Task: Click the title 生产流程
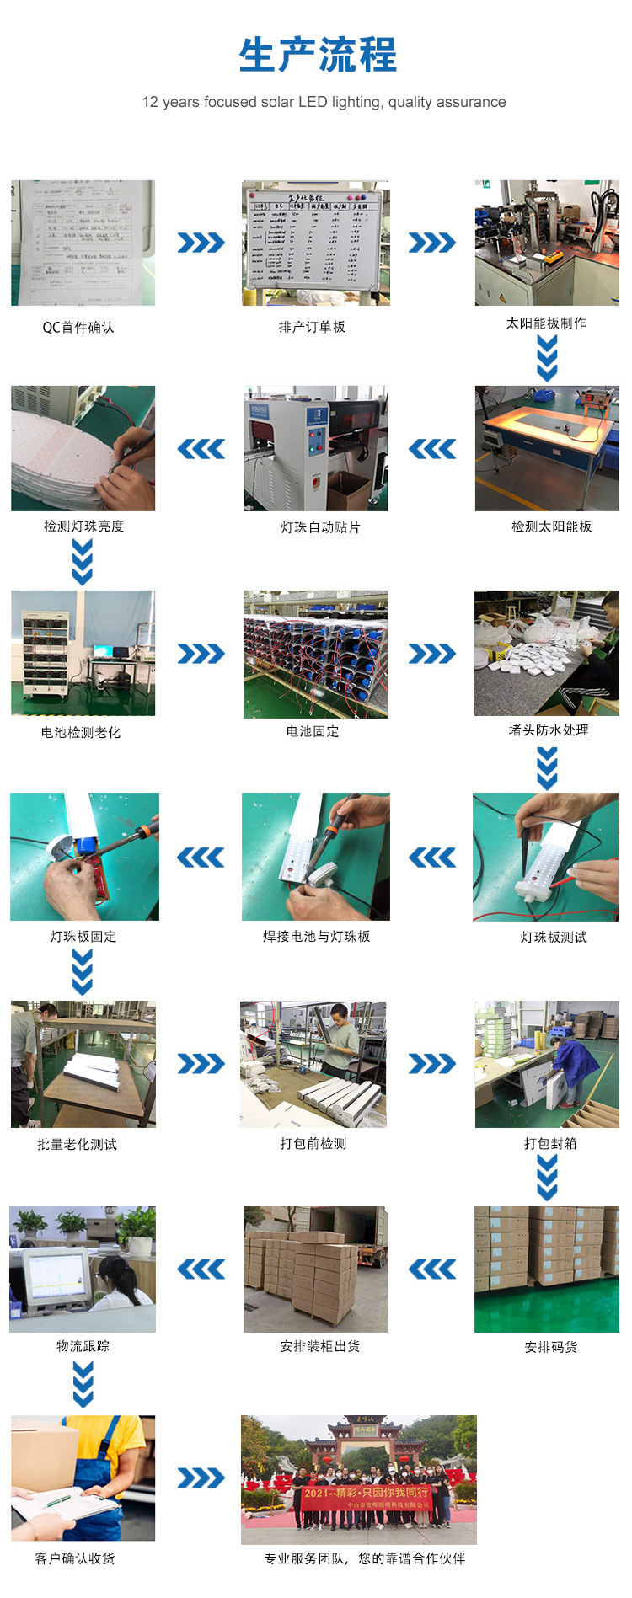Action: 317,56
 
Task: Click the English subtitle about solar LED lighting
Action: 324,102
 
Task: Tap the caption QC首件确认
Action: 78,327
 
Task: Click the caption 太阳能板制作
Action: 546,323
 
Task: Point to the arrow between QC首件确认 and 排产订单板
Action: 201,243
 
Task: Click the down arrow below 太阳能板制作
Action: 547,358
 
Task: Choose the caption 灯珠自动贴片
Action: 320,527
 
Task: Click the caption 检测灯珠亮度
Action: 83,526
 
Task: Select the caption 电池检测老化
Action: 81,732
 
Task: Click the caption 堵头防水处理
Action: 549,730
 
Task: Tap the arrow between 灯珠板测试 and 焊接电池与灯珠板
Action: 432,858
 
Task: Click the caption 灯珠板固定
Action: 83,936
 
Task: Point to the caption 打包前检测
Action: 313,1143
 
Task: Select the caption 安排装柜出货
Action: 320,1346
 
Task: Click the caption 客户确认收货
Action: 75,1558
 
